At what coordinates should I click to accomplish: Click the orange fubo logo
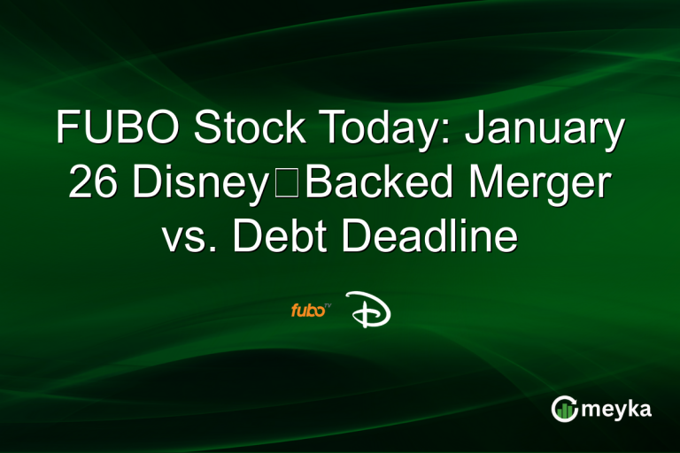click(x=306, y=310)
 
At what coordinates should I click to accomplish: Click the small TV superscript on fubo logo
click(x=327, y=305)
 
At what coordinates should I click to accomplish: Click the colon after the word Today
click(x=452, y=133)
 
